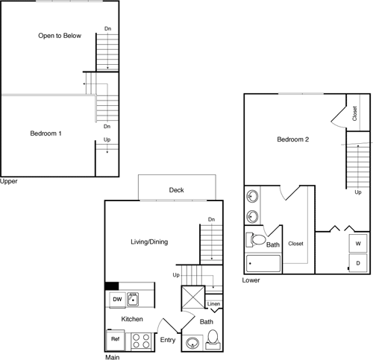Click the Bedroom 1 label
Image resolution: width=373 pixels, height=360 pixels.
coord(46,133)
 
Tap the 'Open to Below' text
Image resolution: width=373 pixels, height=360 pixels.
coord(61,35)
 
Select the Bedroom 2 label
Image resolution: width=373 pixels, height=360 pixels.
coord(293,139)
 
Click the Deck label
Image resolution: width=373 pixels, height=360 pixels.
coord(176,190)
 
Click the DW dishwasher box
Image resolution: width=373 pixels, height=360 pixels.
coord(117,300)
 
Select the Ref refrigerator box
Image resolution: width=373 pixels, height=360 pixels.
coord(116,339)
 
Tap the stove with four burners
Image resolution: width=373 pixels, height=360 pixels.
coord(141,340)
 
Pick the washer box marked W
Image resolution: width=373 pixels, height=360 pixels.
coord(358,244)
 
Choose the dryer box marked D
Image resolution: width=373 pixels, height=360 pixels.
coord(358,263)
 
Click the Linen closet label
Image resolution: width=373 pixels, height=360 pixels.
coord(213,304)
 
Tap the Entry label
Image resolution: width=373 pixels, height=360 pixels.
coord(168,340)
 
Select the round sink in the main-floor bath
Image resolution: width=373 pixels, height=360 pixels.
coord(192,344)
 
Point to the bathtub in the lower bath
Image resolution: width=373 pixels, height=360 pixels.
coord(263,264)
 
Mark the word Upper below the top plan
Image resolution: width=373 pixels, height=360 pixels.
coord(9,181)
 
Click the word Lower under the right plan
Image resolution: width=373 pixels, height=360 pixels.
coord(251,281)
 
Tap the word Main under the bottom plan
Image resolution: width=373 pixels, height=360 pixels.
coord(113,356)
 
